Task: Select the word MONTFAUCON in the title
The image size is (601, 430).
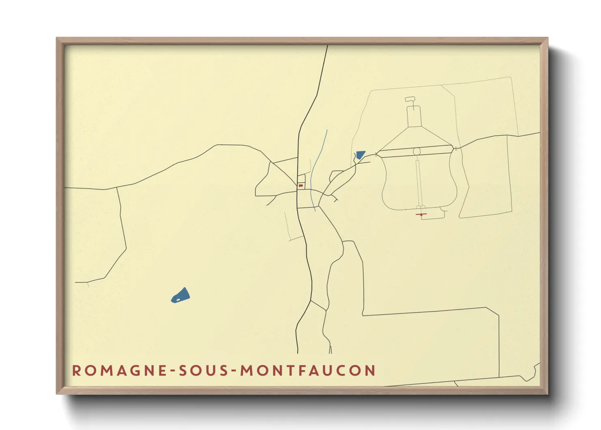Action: tap(308, 371)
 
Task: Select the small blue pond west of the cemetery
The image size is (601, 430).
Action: tap(360, 155)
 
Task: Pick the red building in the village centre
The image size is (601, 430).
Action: tap(301, 185)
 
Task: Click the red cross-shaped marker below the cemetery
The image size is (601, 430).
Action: tap(421, 214)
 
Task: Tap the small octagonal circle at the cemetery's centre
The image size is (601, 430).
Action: tap(416, 152)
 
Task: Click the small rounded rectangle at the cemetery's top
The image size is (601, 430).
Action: tap(410, 99)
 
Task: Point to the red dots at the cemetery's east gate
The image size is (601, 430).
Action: tap(456, 148)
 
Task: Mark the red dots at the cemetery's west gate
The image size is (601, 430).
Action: tap(376, 154)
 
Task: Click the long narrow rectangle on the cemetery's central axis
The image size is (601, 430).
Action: tap(418, 183)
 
